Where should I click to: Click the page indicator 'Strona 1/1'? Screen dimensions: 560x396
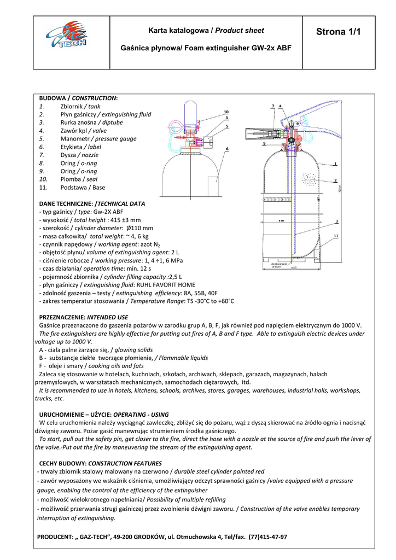point(339,32)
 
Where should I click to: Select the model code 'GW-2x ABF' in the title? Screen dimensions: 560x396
point(271,48)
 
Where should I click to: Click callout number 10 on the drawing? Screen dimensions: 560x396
point(226,112)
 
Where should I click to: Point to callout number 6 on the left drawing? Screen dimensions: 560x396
point(226,149)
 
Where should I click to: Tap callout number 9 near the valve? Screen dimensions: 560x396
point(264,143)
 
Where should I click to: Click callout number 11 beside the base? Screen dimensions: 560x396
point(335,235)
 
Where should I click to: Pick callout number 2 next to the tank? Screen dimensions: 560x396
point(335,180)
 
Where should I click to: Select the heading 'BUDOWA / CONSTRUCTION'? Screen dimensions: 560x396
point(78,98)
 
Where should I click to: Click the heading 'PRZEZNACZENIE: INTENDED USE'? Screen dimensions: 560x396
point(83,317)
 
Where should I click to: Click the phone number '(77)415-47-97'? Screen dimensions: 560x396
point(267,537)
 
